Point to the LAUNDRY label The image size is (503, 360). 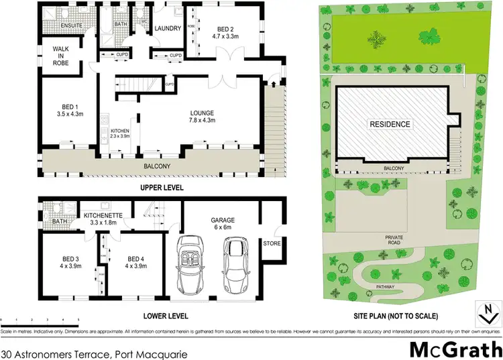pos(166,29)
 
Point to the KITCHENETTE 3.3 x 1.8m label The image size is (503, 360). pos(104,219)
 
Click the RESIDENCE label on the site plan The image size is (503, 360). pos(389,124)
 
